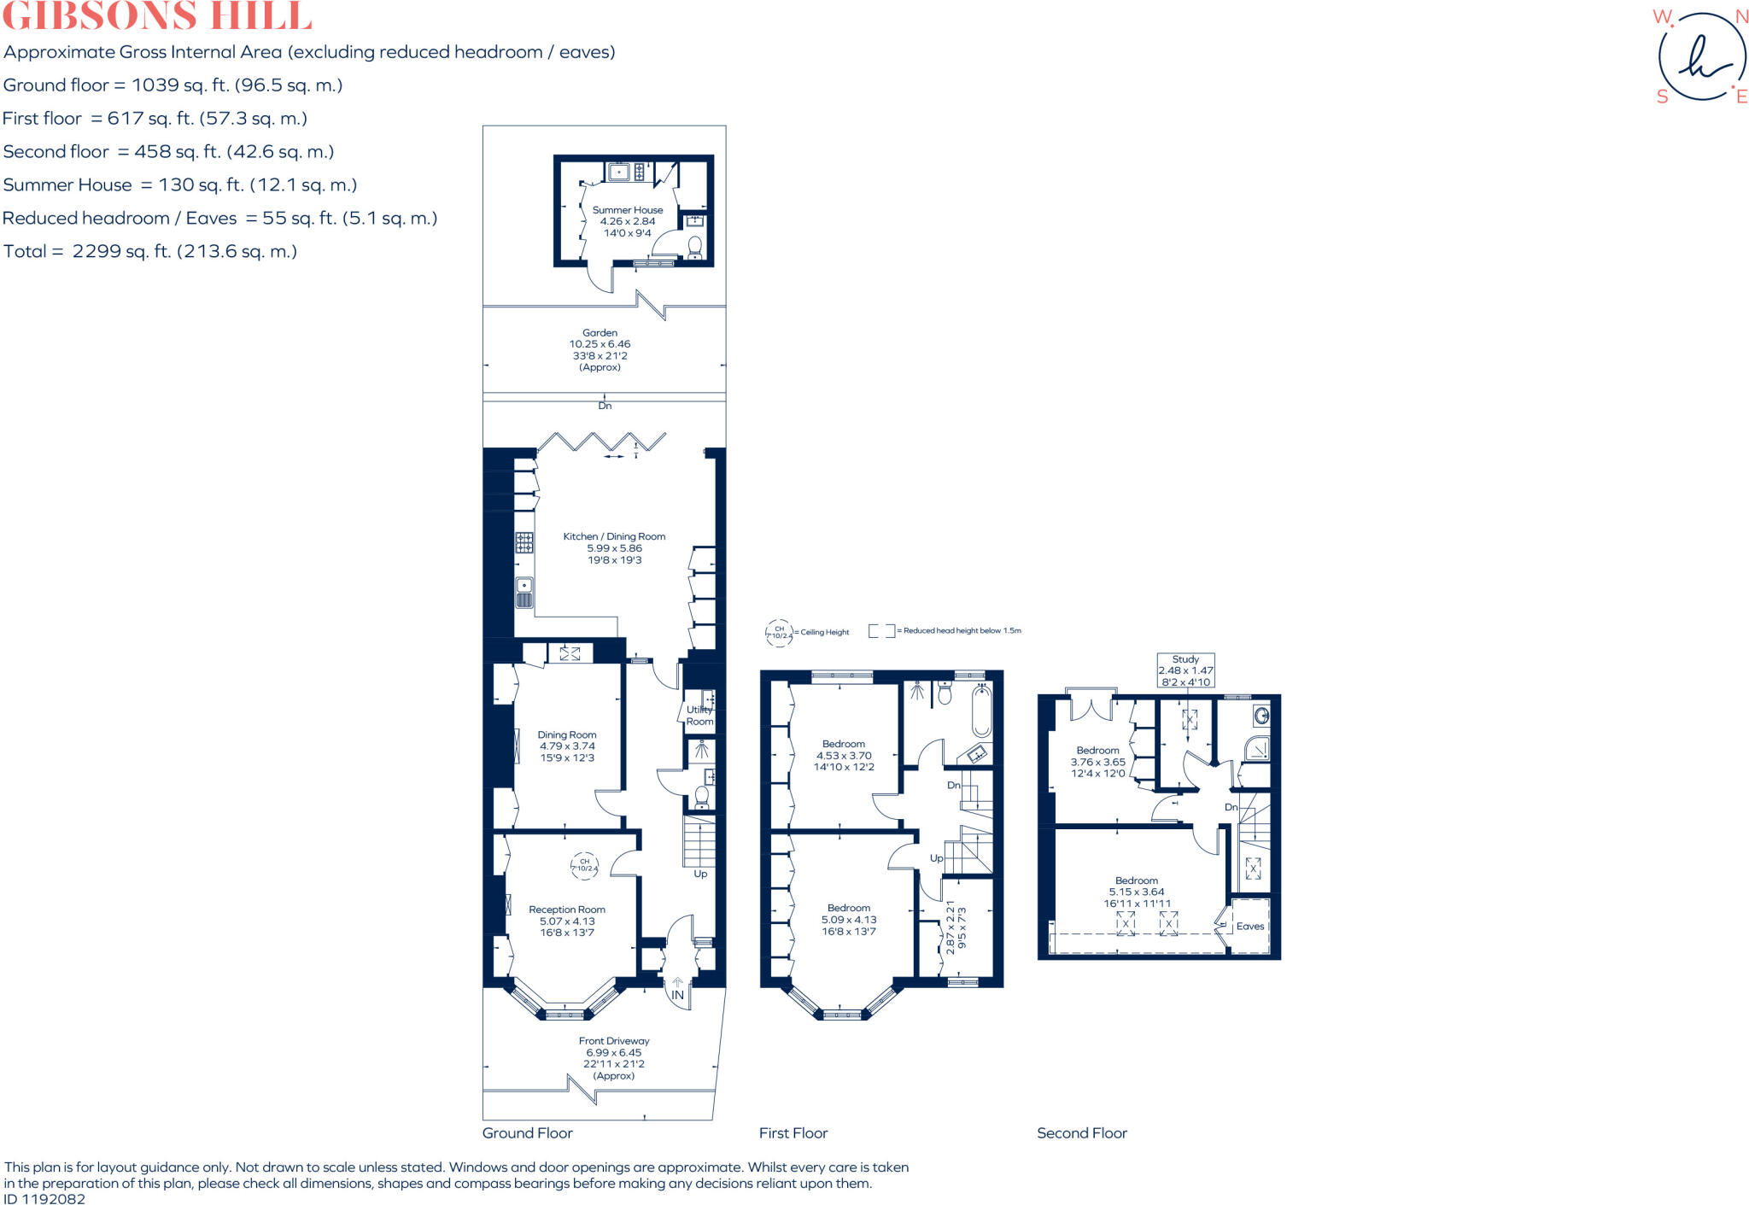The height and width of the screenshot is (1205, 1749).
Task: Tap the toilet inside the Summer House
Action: (x=694, y=248)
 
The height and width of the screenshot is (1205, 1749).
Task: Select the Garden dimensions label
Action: (x=600, y=350)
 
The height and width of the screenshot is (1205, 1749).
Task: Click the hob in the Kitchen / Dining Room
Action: (x=524, y=542)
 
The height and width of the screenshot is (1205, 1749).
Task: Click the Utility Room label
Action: (x=699, y=716)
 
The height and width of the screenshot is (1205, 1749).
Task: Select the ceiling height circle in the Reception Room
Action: (x=585, y=866)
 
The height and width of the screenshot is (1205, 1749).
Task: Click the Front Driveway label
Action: (x=614, y=1058)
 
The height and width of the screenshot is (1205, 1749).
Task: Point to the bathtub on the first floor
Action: (x=980, y=711)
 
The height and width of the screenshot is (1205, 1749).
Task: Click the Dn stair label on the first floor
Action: (x=953, y=785)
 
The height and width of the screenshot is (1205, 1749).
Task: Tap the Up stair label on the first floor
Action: (x=936, y=858)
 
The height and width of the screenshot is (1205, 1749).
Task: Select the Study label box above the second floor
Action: (x=1185, y=670)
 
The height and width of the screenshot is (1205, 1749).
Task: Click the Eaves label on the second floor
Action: (x=1249, y=927)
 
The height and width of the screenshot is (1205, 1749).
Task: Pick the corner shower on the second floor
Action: (x=1255, y=749)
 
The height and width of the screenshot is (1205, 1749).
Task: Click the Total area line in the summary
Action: (x=150, y=251)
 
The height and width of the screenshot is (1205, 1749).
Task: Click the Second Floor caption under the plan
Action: (x=1081, y=1133)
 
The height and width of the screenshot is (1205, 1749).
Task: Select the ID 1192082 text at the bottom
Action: (x=44, y=1198)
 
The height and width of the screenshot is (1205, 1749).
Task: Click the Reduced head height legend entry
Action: (x=945, y=631)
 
